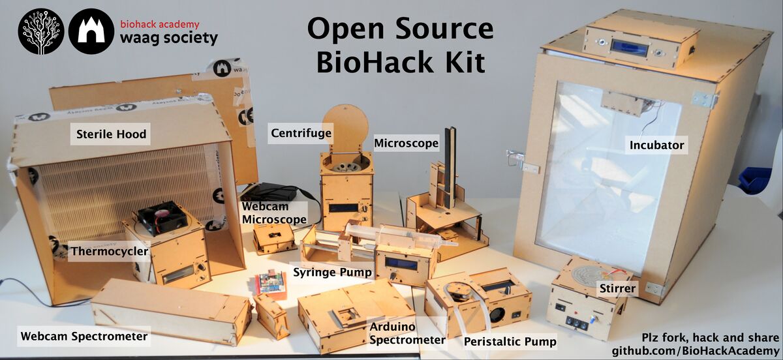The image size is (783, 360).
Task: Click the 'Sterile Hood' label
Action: coord(111,134)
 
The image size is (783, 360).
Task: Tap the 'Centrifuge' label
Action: coord(301,133)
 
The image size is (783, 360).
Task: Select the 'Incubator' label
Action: coord(656,145)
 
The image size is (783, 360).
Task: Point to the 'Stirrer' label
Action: coord(617,288)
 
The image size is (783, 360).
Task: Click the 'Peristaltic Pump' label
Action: coord(510,342)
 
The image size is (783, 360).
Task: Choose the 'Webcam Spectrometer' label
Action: coord(84,337)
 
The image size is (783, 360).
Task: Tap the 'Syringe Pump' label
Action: coord(332,272)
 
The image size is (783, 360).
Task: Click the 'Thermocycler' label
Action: coord(110,251)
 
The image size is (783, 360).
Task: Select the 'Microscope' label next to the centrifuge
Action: coord(406,143)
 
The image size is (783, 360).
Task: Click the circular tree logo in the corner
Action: coord(41,31)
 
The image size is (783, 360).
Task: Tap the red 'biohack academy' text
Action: coord(160,25)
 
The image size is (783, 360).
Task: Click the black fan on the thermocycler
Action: coord(162,217)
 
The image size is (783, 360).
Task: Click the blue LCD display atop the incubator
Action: coord(630,46)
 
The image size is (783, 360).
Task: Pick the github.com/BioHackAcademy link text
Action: coord(696,351)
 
